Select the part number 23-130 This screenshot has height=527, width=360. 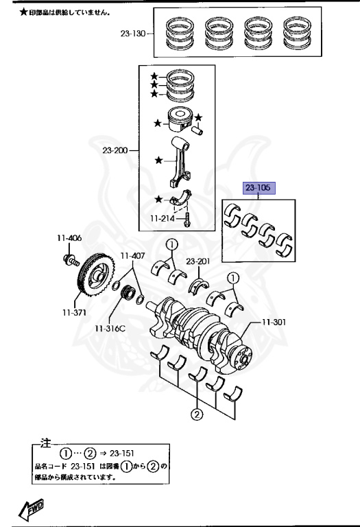click(x=133, y=33)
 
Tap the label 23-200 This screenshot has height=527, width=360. click(x=115, y=150)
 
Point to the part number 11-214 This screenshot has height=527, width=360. click(x=163, y=218)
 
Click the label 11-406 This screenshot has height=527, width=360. click(x=69, y=238)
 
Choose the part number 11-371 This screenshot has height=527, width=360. click(x=74, y=313)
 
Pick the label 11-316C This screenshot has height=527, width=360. click(x=110, y=329)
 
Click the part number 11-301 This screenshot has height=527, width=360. click(x=274, y=322)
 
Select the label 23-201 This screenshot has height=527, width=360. click(x=198, y=261)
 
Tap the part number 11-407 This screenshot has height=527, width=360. click(x=132, y=256)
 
